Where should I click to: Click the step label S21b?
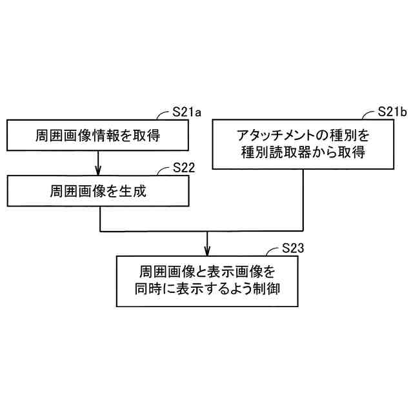[x=391, y=112]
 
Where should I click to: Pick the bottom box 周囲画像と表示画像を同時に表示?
[x=206, y=281]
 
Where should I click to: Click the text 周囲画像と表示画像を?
[x=206, y=272]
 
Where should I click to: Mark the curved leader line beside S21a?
[x=165, y=116]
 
